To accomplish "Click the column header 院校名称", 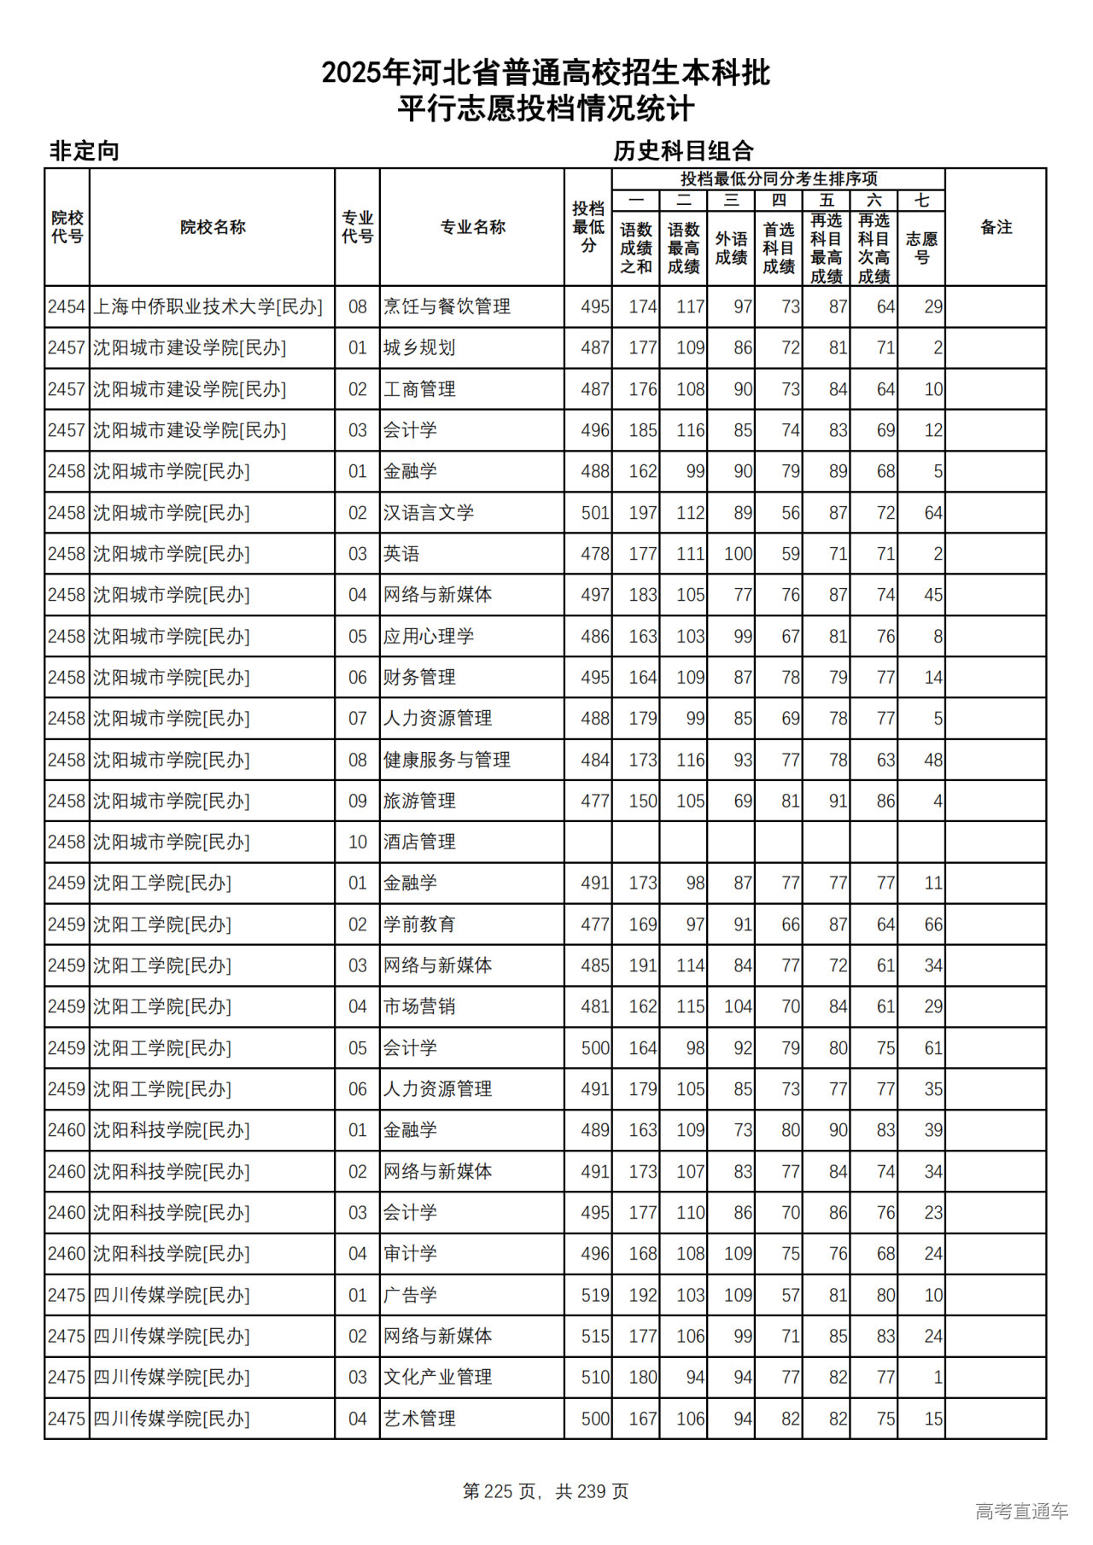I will (x=213, y=227).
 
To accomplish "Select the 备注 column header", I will (x=996, y=227).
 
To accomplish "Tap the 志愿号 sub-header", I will (x=921, y=248).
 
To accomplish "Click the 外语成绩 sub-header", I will (x=731, y=248).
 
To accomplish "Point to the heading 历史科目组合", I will (x=683, y=151).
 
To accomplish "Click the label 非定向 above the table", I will (x=84, y=151).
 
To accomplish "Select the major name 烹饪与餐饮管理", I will (x=447, y=306).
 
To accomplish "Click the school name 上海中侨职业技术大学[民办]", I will (x=207, y=306).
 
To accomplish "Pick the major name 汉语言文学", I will (x=428, y=513).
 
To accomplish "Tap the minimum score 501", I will (x=594, y=513).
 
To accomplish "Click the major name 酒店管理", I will (x=419, y=842).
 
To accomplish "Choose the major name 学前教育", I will (x=419, y=924).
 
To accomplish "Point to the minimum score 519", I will (x=594, y=1296).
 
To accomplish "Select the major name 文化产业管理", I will (x=437, y=1378).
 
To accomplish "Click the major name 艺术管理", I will (x=419, y=1419).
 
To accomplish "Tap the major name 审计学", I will (x=410, y=1254).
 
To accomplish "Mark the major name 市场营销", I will (x=419, y=1007).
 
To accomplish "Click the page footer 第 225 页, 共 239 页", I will (x=546, y=1491).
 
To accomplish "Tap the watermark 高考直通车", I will (x=1021, y=1512).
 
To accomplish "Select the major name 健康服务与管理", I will (x=447, y=760).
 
